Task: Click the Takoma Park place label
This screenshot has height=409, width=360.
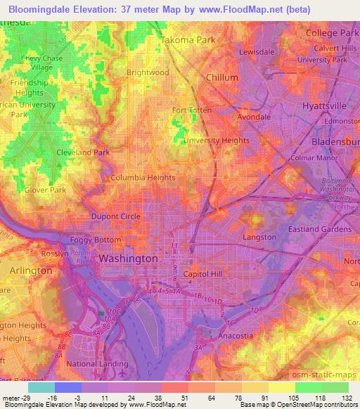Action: [188, 40]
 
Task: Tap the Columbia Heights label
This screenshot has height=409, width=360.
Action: [139, 178]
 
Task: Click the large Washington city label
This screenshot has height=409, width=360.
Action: [128, 259]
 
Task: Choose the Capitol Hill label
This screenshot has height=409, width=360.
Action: [202, 273]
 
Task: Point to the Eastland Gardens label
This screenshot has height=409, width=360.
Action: [320, 229]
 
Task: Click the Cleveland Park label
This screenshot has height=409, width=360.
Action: [83, 152]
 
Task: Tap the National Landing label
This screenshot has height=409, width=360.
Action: [97, 364]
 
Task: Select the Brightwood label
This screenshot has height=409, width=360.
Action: [147, 72]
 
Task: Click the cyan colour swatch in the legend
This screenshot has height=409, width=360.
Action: [41, 387]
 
